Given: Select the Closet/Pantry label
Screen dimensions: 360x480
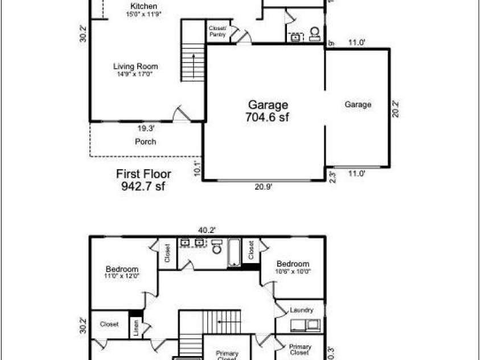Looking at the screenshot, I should [218, 31].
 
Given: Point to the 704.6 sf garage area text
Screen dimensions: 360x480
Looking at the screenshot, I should [268, 111].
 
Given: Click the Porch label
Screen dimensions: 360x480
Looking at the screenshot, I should [145, 141].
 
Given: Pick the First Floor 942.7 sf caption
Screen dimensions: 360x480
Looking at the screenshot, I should [143, 179].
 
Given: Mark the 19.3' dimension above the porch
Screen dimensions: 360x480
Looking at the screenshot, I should [146, 128].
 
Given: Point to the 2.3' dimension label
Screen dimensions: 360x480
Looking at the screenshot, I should [332, 176].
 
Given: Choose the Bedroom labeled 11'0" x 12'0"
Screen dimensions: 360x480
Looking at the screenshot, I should [122, 272].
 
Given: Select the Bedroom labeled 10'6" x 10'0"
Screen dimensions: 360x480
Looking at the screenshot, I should [293, 267].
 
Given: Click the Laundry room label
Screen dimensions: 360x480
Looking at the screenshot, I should [301, 310].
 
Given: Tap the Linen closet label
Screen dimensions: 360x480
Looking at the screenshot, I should [136, 329].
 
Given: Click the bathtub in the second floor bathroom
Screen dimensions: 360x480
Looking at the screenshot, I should [234, 253].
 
